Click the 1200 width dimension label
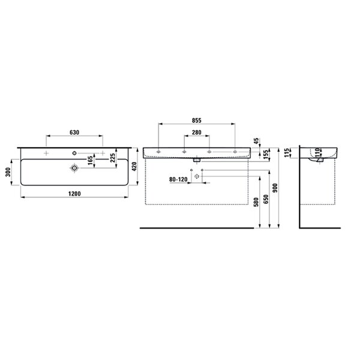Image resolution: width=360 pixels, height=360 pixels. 74,194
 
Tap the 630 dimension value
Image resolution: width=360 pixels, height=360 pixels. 74,133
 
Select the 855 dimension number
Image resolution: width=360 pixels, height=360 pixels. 197,121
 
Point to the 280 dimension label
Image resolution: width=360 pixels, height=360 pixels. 197,133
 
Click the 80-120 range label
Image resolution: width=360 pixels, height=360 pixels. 178,179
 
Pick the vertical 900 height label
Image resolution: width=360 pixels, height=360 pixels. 275,188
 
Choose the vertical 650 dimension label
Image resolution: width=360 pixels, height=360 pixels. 266,199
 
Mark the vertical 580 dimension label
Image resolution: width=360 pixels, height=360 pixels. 256,202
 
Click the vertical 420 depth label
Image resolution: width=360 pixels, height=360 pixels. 134,167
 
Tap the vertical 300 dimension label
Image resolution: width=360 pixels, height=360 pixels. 8,172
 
